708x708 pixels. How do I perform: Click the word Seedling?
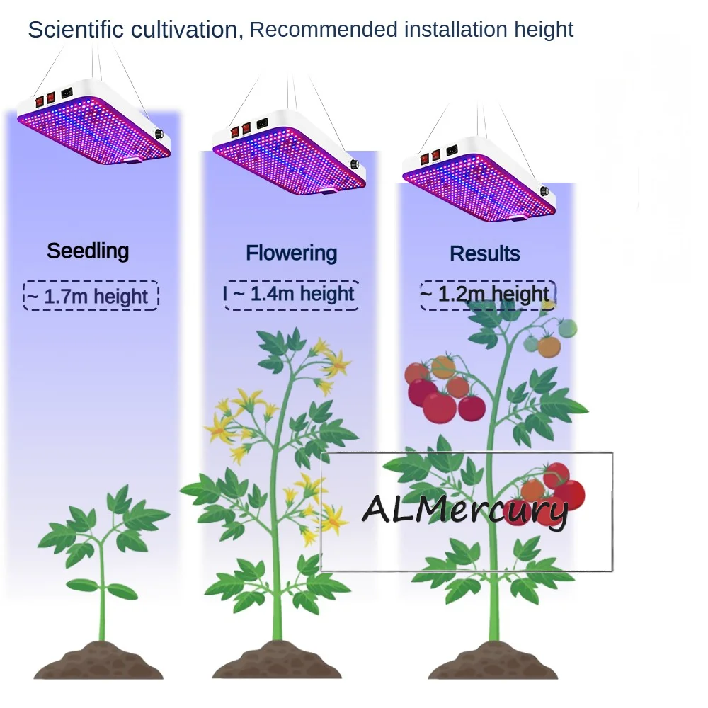(x=88, y=251)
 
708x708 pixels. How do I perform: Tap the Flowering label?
(x=291, y=253)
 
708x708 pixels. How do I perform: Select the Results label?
(x=485, y=253)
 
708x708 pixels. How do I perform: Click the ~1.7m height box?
(x=91, y=296)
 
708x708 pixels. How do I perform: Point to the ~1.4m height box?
(x=291, y=295)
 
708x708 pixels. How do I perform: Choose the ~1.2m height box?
(x=488, y=295)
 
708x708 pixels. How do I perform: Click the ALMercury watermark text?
(x=465, y=510)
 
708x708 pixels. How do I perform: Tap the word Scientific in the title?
(x=76, y=30)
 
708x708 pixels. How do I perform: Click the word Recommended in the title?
(x=324, y=30)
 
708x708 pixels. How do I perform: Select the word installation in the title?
(x=456, y=30)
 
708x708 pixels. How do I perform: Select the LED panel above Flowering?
(x=290, y=153)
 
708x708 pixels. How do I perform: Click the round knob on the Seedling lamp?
(x=160, y=134)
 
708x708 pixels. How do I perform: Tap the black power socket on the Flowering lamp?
(x=263, y=122)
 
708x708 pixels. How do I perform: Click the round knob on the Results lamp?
(x=544, y=191)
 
